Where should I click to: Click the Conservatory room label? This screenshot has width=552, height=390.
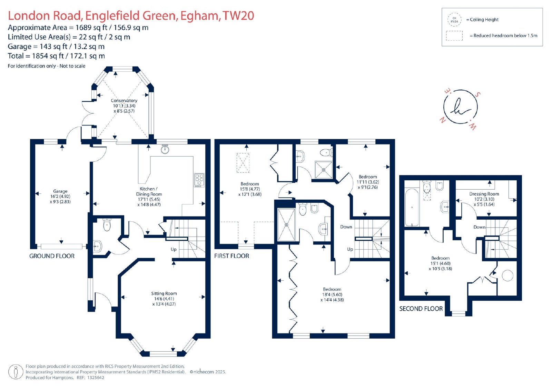click(x=124, y=101)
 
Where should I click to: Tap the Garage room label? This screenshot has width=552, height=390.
click(x=60, y=191)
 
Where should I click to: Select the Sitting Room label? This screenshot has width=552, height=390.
click(x=164, y=293)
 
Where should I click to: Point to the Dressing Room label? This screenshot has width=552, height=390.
click(x=484, y=194)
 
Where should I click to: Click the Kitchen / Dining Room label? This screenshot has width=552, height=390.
click(x=149, y=191)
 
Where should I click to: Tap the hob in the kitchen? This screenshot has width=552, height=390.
click(x=199, y=180)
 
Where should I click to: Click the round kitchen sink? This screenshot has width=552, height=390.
click(x=165, y=149)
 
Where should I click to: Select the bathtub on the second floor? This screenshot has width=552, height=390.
click(x=412, y=208)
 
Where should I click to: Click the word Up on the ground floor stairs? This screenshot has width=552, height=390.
click(x=174, y=249)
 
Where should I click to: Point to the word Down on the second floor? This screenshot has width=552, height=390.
click(x=479, y=227)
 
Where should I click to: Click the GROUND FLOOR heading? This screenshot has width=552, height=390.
click(x=52, y=256)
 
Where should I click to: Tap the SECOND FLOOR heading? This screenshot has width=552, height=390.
click(x=421, y=309)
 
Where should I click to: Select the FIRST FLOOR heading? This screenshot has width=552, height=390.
click(x=231, y=256)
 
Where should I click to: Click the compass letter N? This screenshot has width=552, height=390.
click(x=443, y=120)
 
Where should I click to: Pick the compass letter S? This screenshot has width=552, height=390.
click(x=477, y=94)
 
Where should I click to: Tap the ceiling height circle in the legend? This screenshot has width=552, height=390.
click(x=454, y=20)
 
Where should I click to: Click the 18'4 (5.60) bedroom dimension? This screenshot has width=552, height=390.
click(x=332, y=294)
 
